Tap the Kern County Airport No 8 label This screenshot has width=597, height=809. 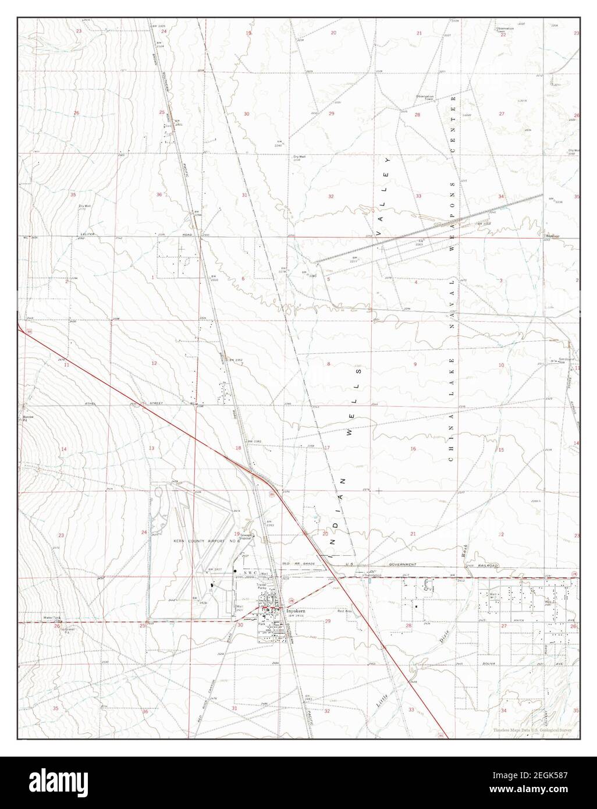(x=198, y=541)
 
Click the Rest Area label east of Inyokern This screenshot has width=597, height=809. (x=329, y=611)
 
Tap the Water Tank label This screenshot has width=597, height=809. (x=51, y=618)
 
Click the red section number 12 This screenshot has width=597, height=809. (x=154, y=363)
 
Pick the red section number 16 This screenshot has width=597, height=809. (x=413, y=449)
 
